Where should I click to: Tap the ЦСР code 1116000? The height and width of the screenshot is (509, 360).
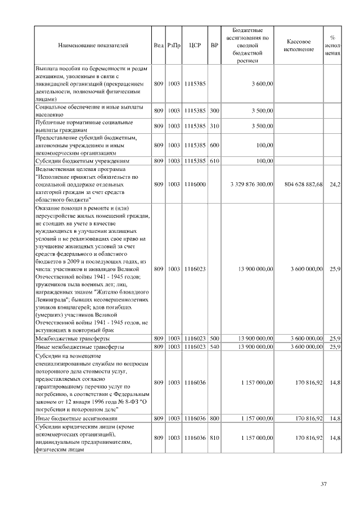pos(195,184)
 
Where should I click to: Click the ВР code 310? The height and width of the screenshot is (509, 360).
pos(214,125)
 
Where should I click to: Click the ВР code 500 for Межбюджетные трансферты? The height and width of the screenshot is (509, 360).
pos(214,339)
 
